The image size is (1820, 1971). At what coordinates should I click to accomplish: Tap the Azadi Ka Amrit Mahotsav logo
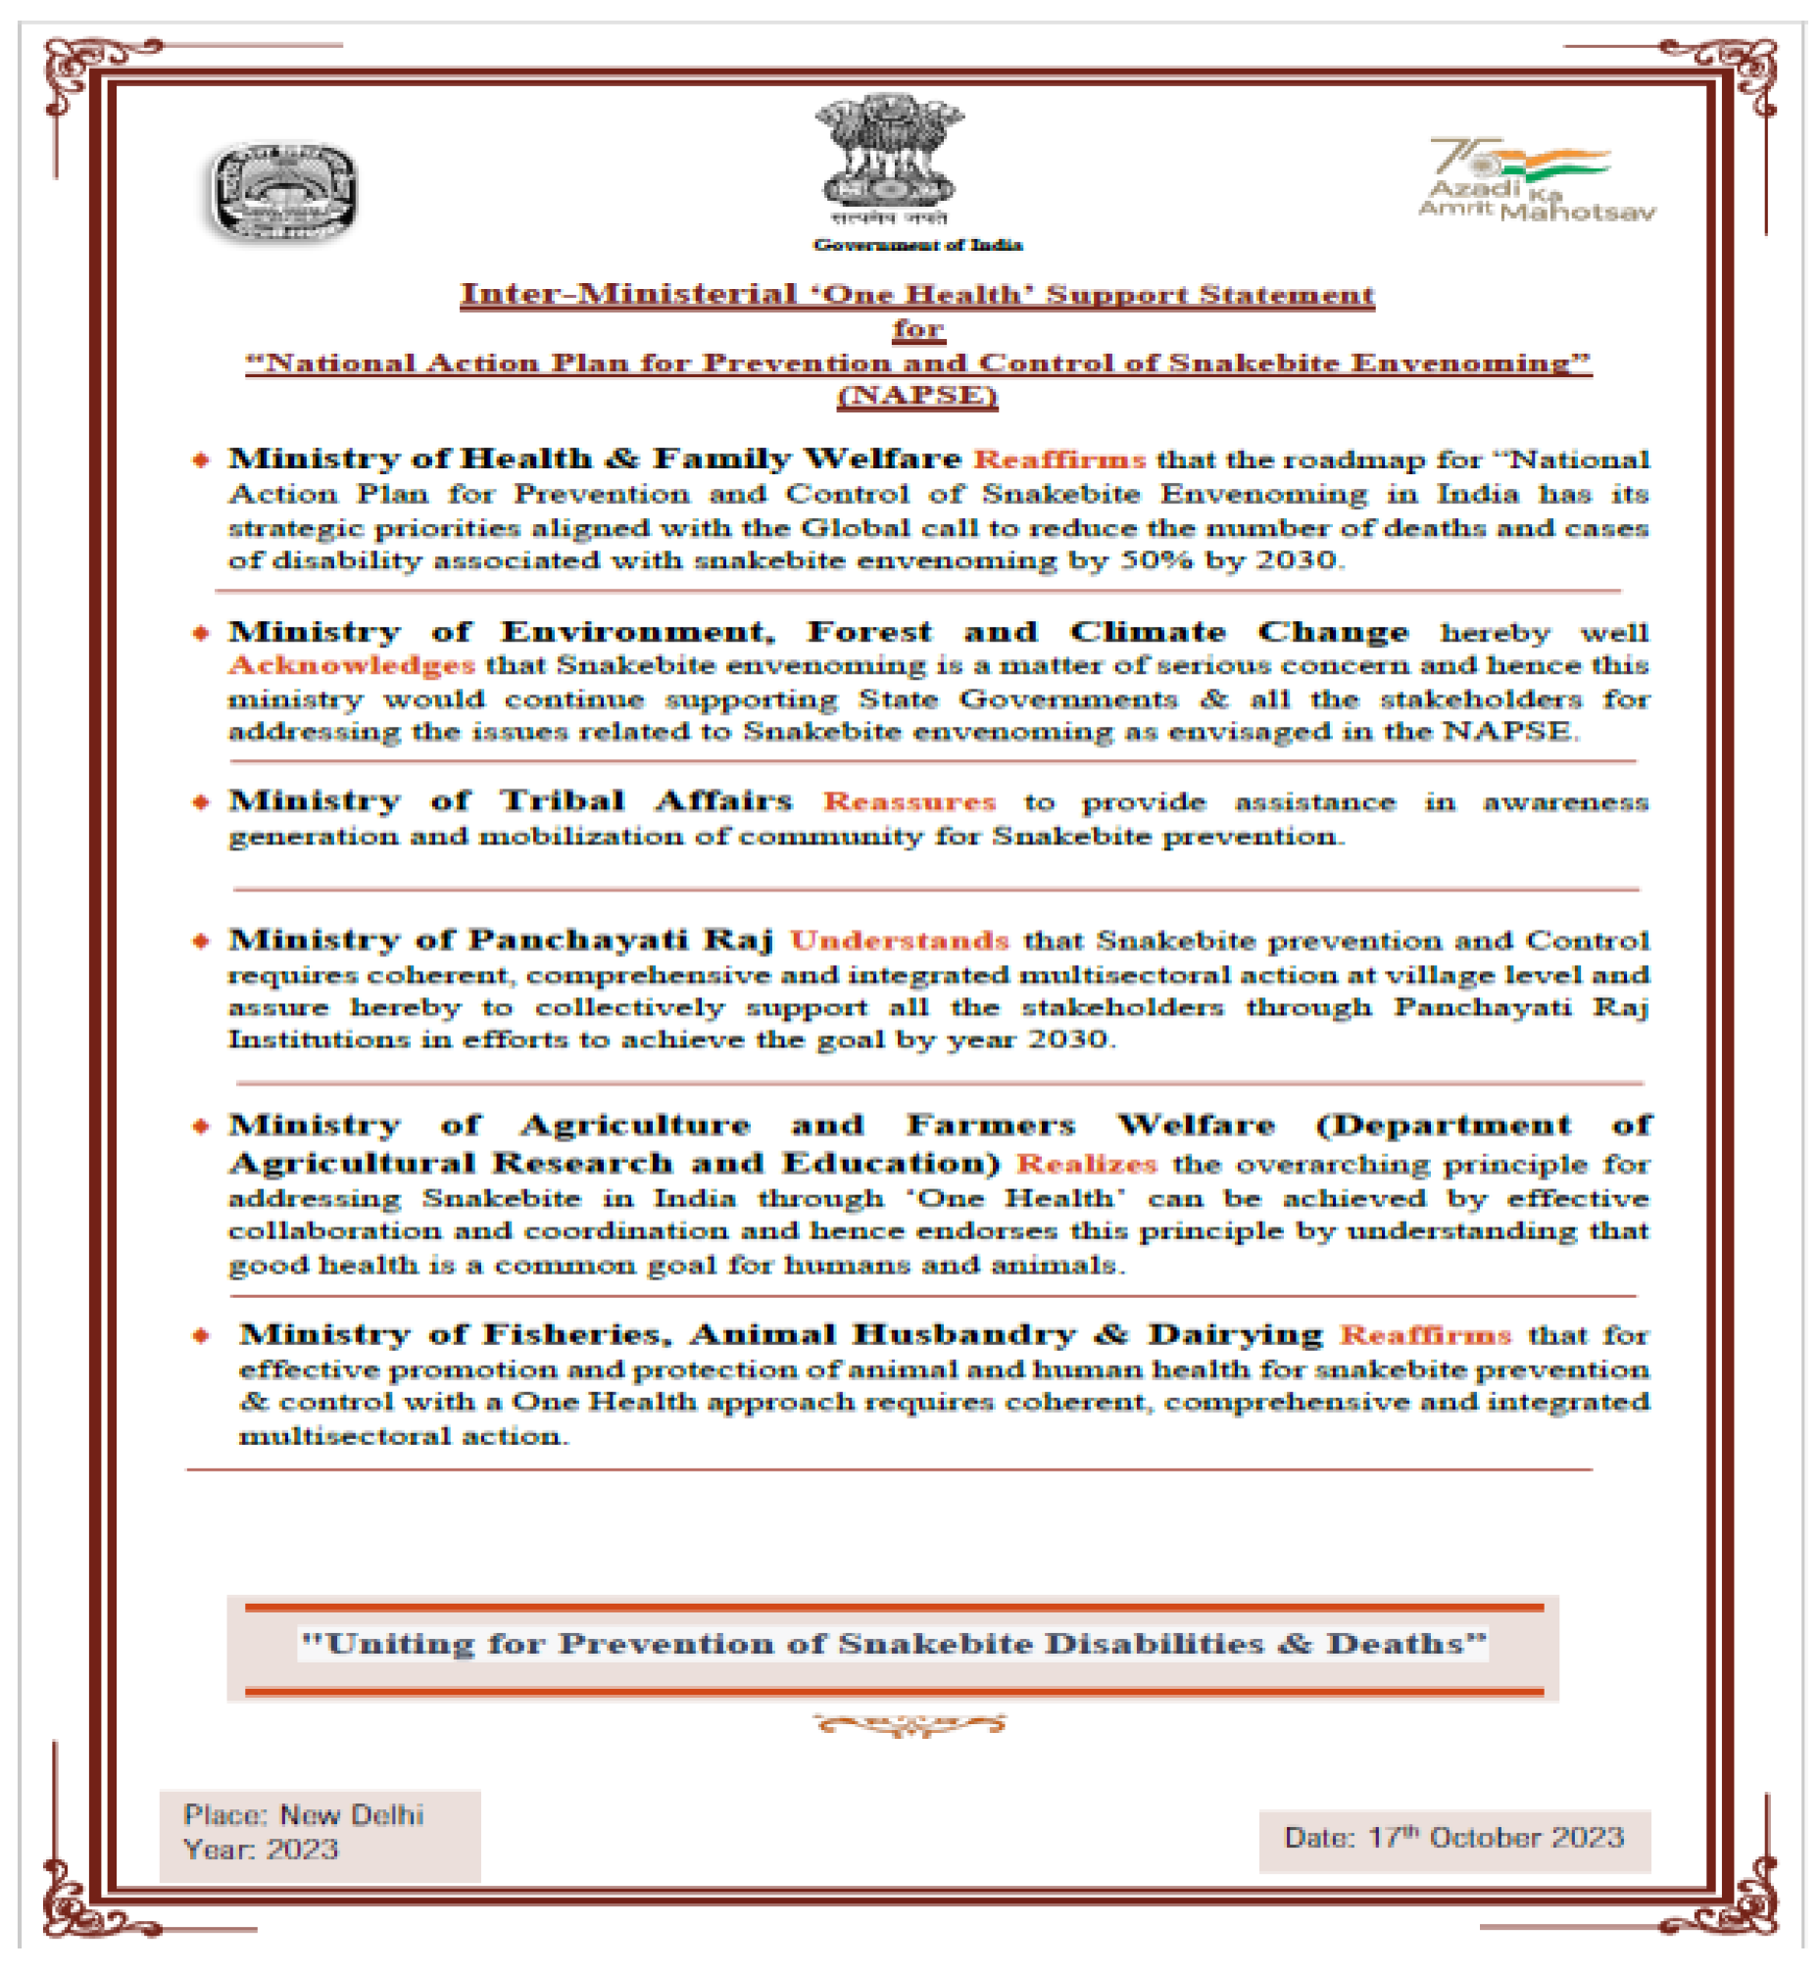(1536, 180)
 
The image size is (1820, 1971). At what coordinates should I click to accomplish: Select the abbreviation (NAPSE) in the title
(917, 396)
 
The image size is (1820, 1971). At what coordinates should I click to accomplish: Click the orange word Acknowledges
(353, 665)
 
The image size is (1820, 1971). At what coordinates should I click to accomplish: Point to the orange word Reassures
(909, 801)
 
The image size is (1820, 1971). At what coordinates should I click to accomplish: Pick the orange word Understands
(899, 940)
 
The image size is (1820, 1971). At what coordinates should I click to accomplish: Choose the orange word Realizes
(1086, 1164)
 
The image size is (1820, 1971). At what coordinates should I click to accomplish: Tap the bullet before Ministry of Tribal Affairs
(201, 801)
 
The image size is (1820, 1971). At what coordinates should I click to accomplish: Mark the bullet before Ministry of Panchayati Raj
(201, 940)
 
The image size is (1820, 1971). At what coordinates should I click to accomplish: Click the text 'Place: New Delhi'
(304, 1814)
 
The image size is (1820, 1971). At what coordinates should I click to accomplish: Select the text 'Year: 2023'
(261, 1849)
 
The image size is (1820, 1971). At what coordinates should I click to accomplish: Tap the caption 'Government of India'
(917, 244)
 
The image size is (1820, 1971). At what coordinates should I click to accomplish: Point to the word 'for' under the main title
(918, 329)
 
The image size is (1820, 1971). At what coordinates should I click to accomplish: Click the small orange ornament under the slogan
(909, 1724)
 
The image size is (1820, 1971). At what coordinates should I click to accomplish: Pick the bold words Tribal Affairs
(646, 800)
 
